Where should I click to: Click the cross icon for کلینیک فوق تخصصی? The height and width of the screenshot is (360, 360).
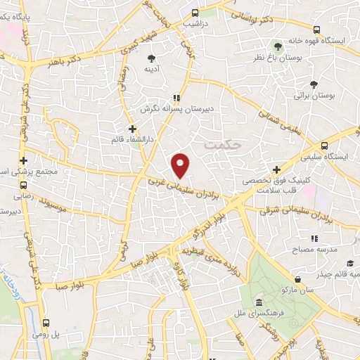[277, 169]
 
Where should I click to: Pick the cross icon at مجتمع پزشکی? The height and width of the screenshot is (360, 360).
[25, 160]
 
